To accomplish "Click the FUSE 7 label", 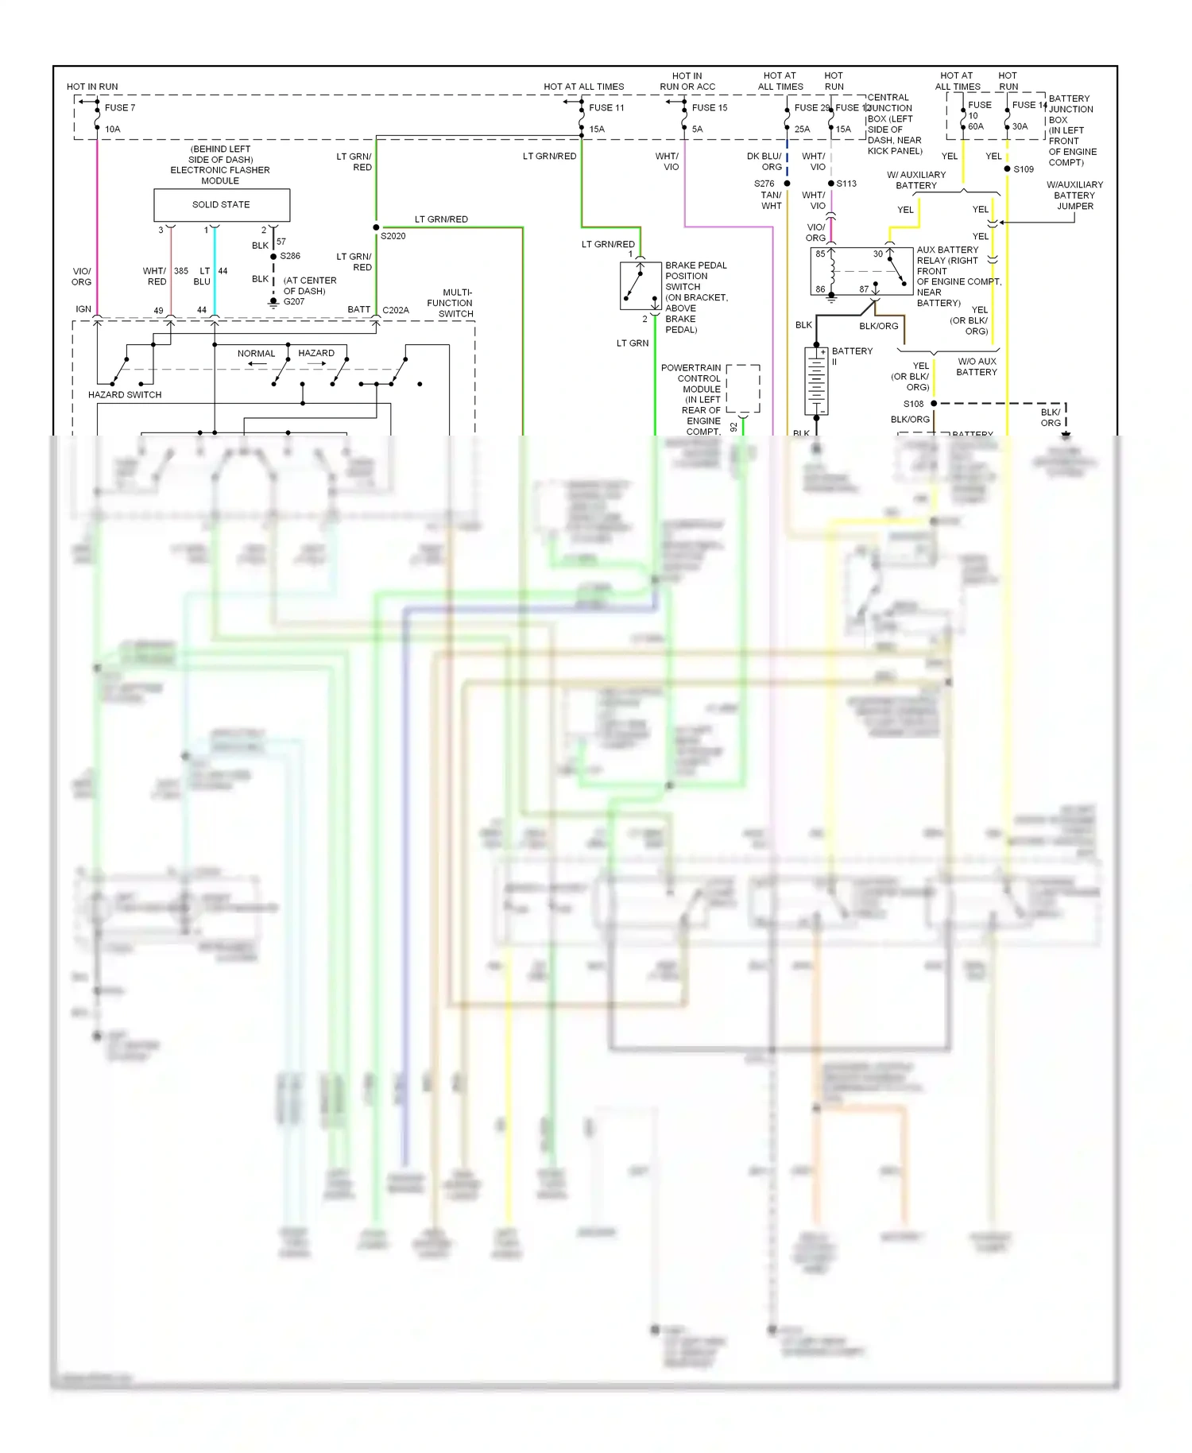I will (x=120, y=107).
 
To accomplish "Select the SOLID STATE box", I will (x=221, y=205).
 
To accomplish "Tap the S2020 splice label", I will (x=393, y=236).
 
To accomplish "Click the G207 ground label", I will (x=293, y=302).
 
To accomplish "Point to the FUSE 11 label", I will (x=606, y=107).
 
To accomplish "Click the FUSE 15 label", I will (x=709, y=107).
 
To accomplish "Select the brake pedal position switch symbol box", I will (x=641, y=285).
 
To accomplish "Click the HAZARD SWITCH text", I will (x=125, y=394).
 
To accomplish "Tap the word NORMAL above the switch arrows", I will (x=256, y=354).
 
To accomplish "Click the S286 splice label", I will (x=290, y=256).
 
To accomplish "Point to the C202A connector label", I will (x=395, y=310).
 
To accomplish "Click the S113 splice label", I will (x=846, y=184).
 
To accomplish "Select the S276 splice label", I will (x=764, y=184).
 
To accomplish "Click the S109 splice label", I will (x=1024, y=169).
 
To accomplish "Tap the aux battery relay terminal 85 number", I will (x=820, y=254).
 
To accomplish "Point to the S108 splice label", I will (x=913, y=404).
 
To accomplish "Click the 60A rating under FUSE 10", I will (x=975, y=126).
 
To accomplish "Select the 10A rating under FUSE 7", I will (x=113, y=129).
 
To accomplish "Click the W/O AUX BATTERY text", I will (x=977, y=366).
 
